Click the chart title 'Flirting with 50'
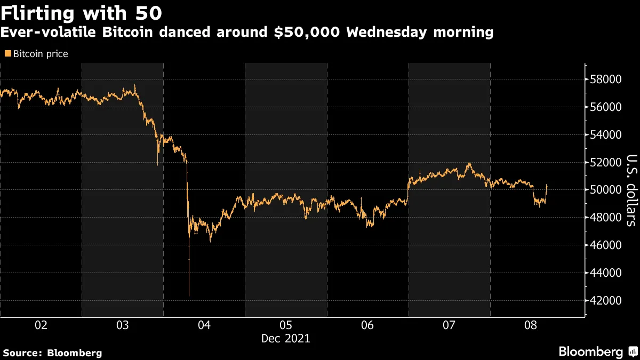(81, 12)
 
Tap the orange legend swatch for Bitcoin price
(7, 54)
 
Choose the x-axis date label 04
(204, 325)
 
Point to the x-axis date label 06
(367, 325)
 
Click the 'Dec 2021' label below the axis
(285, 338)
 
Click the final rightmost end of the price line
(547, 185)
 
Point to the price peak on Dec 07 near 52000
(469, 163)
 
